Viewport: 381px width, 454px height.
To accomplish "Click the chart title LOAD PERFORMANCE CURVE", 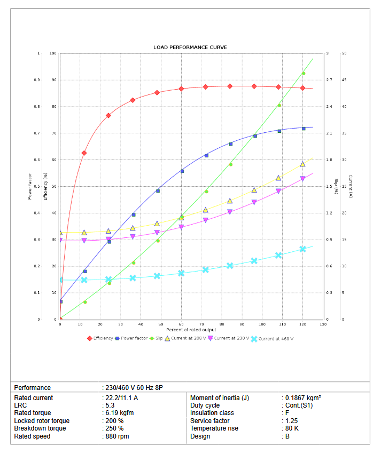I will click(190, 47).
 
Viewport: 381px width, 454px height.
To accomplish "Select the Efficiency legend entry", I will click(101, 338).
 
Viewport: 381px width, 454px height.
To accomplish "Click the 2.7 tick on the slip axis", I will click(329, 80).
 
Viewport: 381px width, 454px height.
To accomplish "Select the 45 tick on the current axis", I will click(344, 80).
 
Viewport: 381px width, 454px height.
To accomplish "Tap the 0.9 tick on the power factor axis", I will click(37, 80).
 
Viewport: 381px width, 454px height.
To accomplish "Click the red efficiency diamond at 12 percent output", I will click(84, 153).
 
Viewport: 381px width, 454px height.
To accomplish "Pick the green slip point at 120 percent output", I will click(304, 74).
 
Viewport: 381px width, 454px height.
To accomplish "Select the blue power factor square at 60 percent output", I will click(182, 171).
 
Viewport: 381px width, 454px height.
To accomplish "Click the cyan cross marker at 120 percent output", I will click(303, 249).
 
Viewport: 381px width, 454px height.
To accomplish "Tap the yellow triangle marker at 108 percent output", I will click(278, 178).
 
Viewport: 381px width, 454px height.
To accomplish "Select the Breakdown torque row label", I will click(40, 428).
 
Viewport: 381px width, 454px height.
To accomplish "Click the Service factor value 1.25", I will click(291, 421).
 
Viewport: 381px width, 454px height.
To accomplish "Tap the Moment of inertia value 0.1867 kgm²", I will click(303, 398).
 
